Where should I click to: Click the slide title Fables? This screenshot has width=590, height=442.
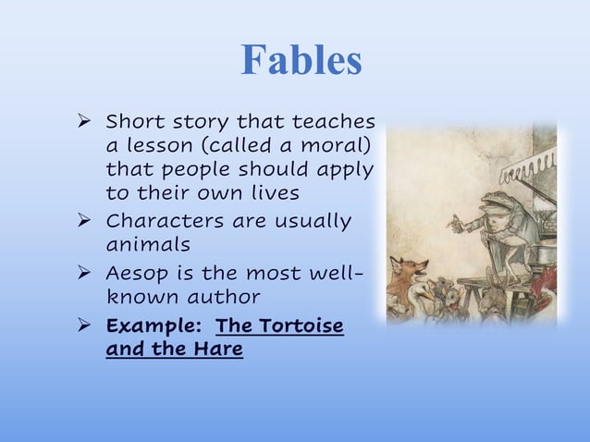coord(301,60)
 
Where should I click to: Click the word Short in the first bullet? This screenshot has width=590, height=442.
coord(133,122)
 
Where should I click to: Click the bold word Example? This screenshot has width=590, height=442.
coord(154,326)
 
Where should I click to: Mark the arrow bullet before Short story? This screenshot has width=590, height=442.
coord(84,123)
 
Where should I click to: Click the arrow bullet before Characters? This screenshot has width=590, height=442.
coord(84,222)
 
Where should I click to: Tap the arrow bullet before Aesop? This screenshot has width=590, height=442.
coord(84,275)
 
